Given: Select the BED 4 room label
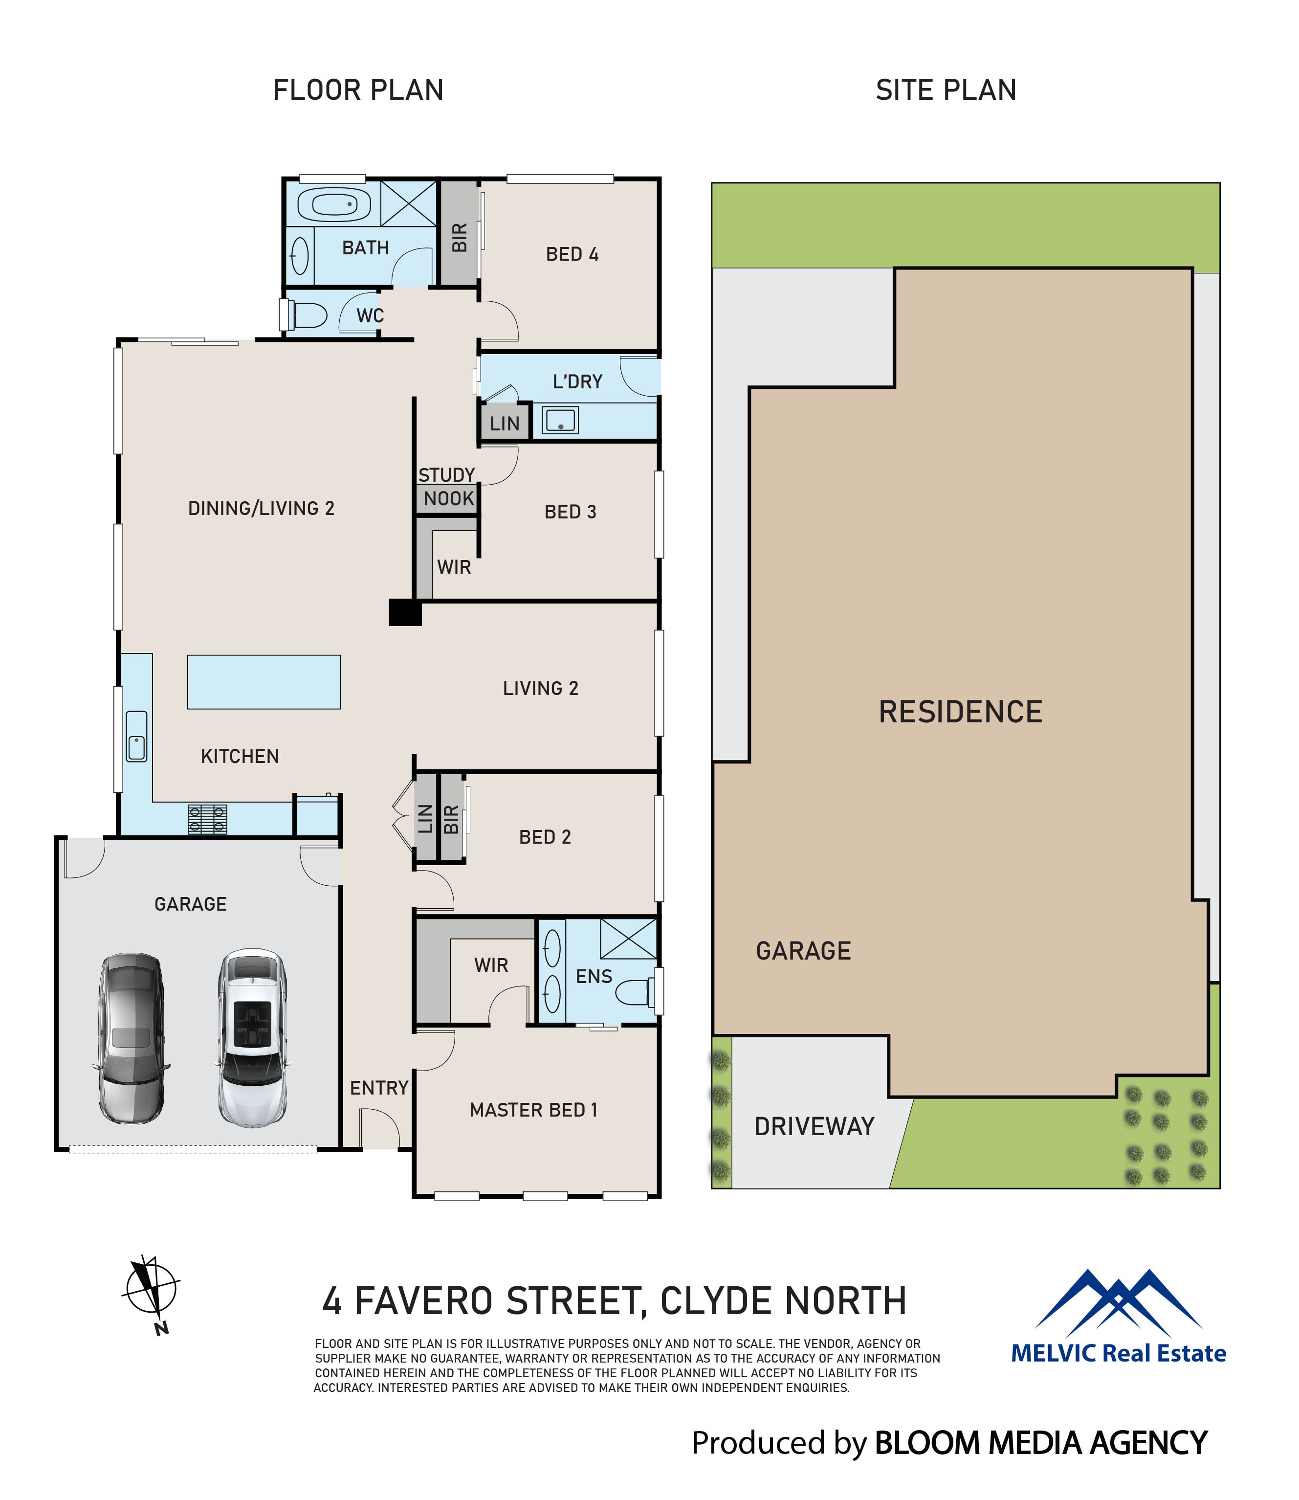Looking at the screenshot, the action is click(x=572, y=254).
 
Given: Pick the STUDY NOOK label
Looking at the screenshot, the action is click(x=447, y=487).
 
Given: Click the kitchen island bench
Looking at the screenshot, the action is click(x=264, y=682).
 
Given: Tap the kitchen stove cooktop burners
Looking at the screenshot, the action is click(x=207, y=819).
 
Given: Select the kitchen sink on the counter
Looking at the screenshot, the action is click(x=136, y=736).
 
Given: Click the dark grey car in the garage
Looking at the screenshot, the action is click(x=131, y=1039).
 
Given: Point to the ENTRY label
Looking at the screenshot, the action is click(x=379, y=1088).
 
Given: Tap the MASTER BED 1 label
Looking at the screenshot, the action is click(x=533, y=1110).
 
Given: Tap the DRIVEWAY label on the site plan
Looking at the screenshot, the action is click(x=814, y=1126).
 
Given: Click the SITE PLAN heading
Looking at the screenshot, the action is click(x=946, y=90).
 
